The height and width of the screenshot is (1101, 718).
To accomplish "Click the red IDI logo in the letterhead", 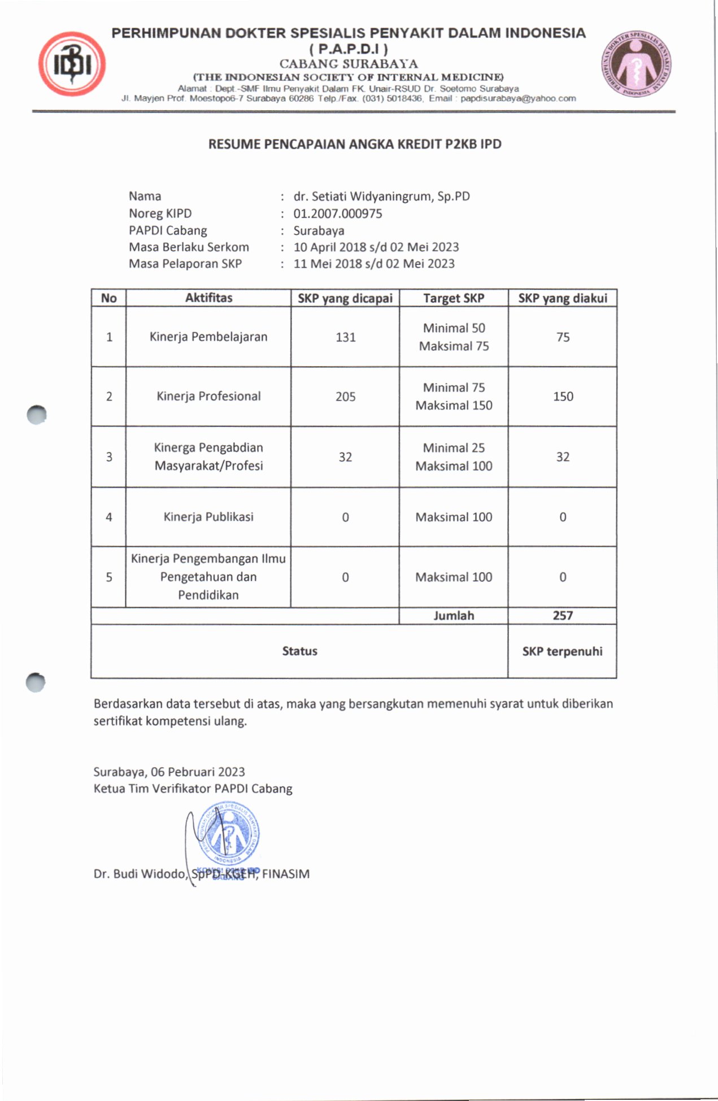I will [72, 64].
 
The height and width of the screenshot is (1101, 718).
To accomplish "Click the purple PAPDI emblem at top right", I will [636, 63].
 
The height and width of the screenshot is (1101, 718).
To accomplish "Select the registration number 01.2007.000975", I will [337, 214].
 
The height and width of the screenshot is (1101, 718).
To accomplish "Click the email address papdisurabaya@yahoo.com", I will [518, 98].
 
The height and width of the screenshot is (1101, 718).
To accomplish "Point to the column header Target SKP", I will [454, 298].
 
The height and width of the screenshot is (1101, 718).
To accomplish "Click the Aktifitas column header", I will [208, 298].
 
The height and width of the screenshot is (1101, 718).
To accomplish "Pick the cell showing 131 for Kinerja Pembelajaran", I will [345, 337].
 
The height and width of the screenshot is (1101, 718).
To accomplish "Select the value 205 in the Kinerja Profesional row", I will [345, 397].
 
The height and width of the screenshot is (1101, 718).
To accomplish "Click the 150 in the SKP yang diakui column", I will [563, 397].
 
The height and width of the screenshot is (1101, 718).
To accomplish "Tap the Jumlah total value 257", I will [563, 616].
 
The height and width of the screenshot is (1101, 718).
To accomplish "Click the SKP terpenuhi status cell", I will [562, 651].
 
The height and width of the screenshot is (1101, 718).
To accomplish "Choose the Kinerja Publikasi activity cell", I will [208, 517].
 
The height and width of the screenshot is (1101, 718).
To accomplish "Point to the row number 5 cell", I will [109, 577].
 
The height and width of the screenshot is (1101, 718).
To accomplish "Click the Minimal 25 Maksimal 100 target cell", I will [454, 457].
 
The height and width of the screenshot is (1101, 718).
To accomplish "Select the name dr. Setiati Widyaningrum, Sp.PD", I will [381, 197].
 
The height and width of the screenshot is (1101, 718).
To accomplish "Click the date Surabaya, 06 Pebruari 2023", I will [169, 772].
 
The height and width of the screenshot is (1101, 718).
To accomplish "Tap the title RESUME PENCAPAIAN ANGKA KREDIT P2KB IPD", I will [355, 144].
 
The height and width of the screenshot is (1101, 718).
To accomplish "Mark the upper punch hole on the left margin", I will [37, 415].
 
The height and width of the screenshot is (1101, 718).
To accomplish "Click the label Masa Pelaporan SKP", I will [185, 264].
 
